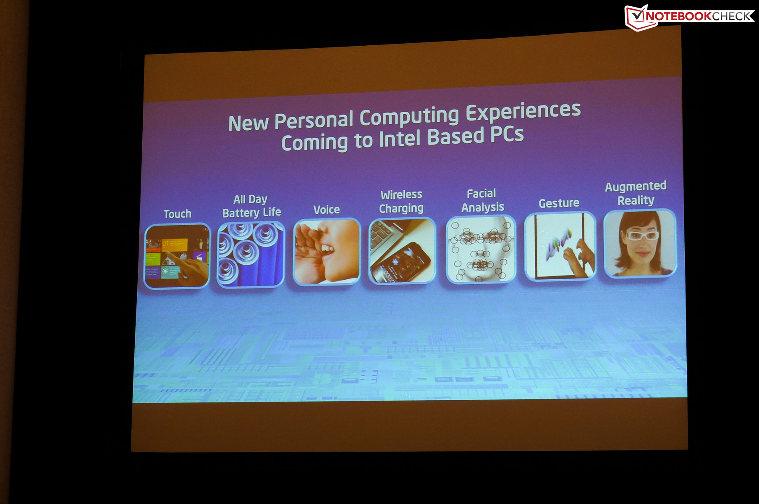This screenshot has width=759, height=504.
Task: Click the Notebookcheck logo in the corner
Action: click(690, 17)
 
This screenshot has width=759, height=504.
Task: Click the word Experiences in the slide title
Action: click(523, 112)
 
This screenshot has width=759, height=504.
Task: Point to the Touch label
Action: click(177, 214)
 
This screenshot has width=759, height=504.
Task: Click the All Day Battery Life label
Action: click(251, 206)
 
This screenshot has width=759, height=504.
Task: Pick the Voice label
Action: click(327, 210)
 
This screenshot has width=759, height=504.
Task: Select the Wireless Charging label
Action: click(401, 202)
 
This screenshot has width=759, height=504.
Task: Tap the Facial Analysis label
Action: click(482, 200)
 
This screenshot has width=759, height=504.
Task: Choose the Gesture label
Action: click(559, 203)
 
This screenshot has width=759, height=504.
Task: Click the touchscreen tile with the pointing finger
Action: click(177, 256)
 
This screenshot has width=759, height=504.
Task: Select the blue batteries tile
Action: click(251, 254)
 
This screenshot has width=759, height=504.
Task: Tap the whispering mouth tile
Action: click(327, 252)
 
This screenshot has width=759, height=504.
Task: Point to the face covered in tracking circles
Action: click(481, 249)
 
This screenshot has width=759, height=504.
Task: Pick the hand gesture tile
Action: click(560, 246)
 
